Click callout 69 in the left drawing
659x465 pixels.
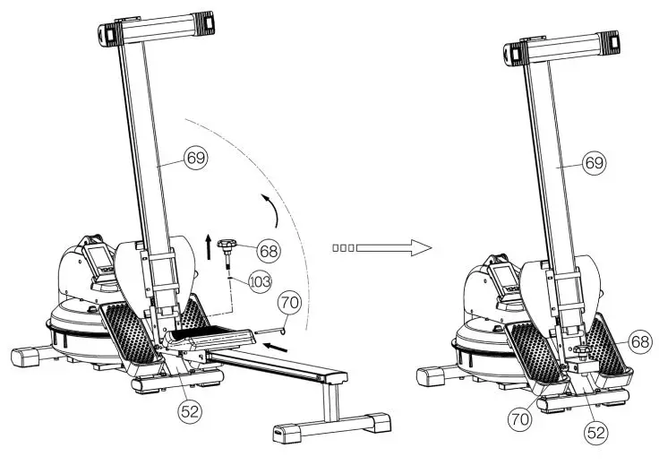195,158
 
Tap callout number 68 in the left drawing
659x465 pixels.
270,247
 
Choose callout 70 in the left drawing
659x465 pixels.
288,302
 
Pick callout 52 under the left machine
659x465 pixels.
189,411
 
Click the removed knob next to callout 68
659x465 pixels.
230,245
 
